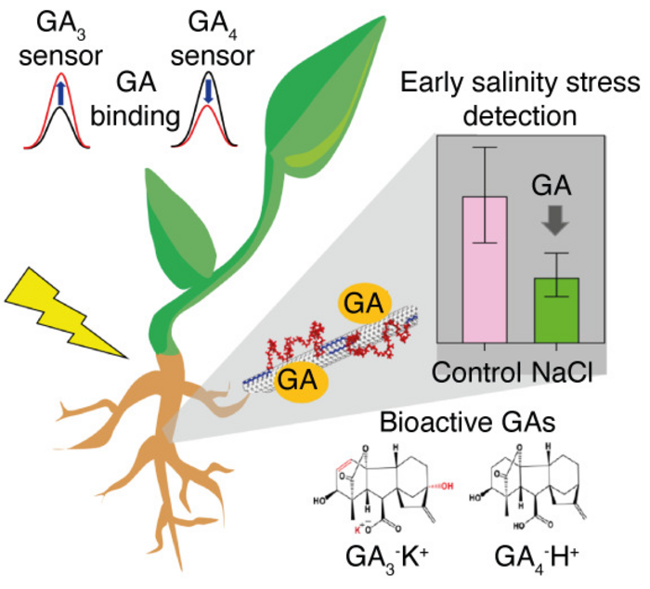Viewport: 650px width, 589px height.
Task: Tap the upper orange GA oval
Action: click(x=364, y=304)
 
